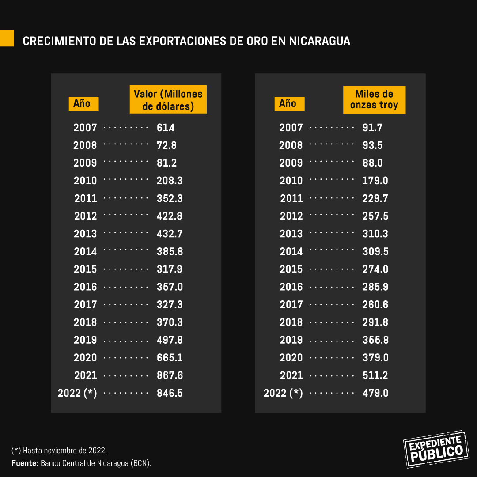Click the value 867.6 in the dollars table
[170, 375]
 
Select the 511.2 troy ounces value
[375, 375]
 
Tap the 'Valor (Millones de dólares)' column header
[168, 100]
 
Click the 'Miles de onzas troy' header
[374, 100]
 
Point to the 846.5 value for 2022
[170, 393]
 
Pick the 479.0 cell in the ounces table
[375, 393]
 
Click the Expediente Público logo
[436, 449]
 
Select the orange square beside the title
[7, 38]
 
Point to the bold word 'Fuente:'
[25, 463]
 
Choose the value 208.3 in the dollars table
[170, 181]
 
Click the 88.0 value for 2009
[373, 163]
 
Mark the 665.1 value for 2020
[170, 358]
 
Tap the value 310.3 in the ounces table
[375, 234]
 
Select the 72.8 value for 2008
[167, 145]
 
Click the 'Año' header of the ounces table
[288, 104]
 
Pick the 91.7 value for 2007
[372, 128]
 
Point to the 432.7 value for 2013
[170, 234]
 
